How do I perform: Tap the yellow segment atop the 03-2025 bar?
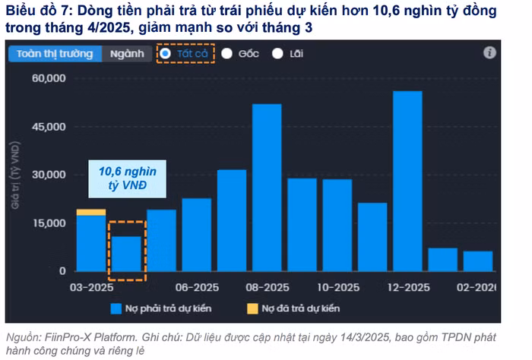(91, 212)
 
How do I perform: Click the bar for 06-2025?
(197, 235)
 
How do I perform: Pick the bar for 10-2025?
(337, 225)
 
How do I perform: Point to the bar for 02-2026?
(478, 261)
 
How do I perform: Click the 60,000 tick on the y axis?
(50, 78)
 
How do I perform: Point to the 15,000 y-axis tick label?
(50, 223)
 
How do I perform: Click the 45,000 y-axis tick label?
(50, 127)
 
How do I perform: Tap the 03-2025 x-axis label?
(91, 288)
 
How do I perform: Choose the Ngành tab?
(125, 54)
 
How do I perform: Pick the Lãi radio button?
(277, 54)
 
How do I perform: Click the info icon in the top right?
(489, 52)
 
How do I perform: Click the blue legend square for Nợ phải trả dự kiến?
(116, 308)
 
